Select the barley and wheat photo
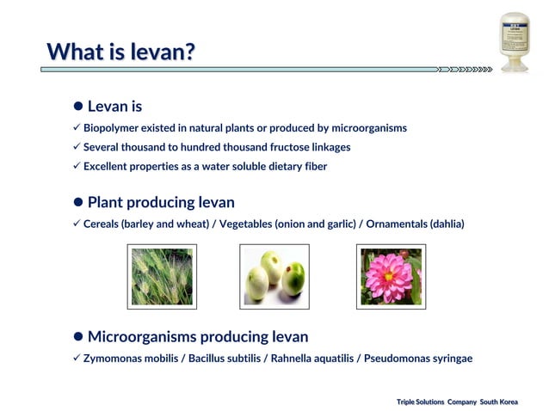pos(162,276)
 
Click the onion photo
pos(274,276)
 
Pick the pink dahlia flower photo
pos(391,276)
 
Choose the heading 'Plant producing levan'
pos(161,203)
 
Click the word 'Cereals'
pos(102,224)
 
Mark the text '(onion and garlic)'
pos(317,224)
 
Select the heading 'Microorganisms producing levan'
pos(197,336)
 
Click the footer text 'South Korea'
pos(499,402)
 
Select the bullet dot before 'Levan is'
pos(77,107)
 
